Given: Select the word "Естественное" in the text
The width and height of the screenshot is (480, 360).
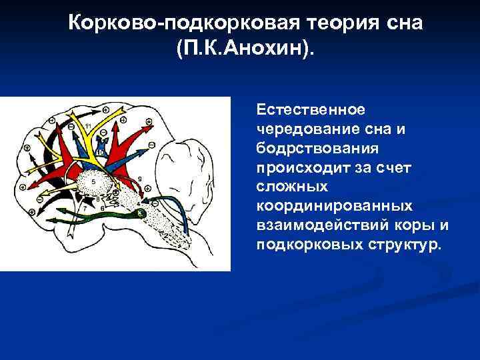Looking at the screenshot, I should coord(297,109).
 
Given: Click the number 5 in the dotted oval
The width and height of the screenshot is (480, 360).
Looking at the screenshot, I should coord(93,181).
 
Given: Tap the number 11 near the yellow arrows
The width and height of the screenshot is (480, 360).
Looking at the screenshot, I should coord(88,126).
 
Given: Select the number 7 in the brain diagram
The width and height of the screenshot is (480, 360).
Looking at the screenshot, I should coord(84,209).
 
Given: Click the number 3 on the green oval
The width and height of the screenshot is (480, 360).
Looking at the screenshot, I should coord(140,212).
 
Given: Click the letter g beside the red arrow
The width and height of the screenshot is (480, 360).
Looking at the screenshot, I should coord(137,179).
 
